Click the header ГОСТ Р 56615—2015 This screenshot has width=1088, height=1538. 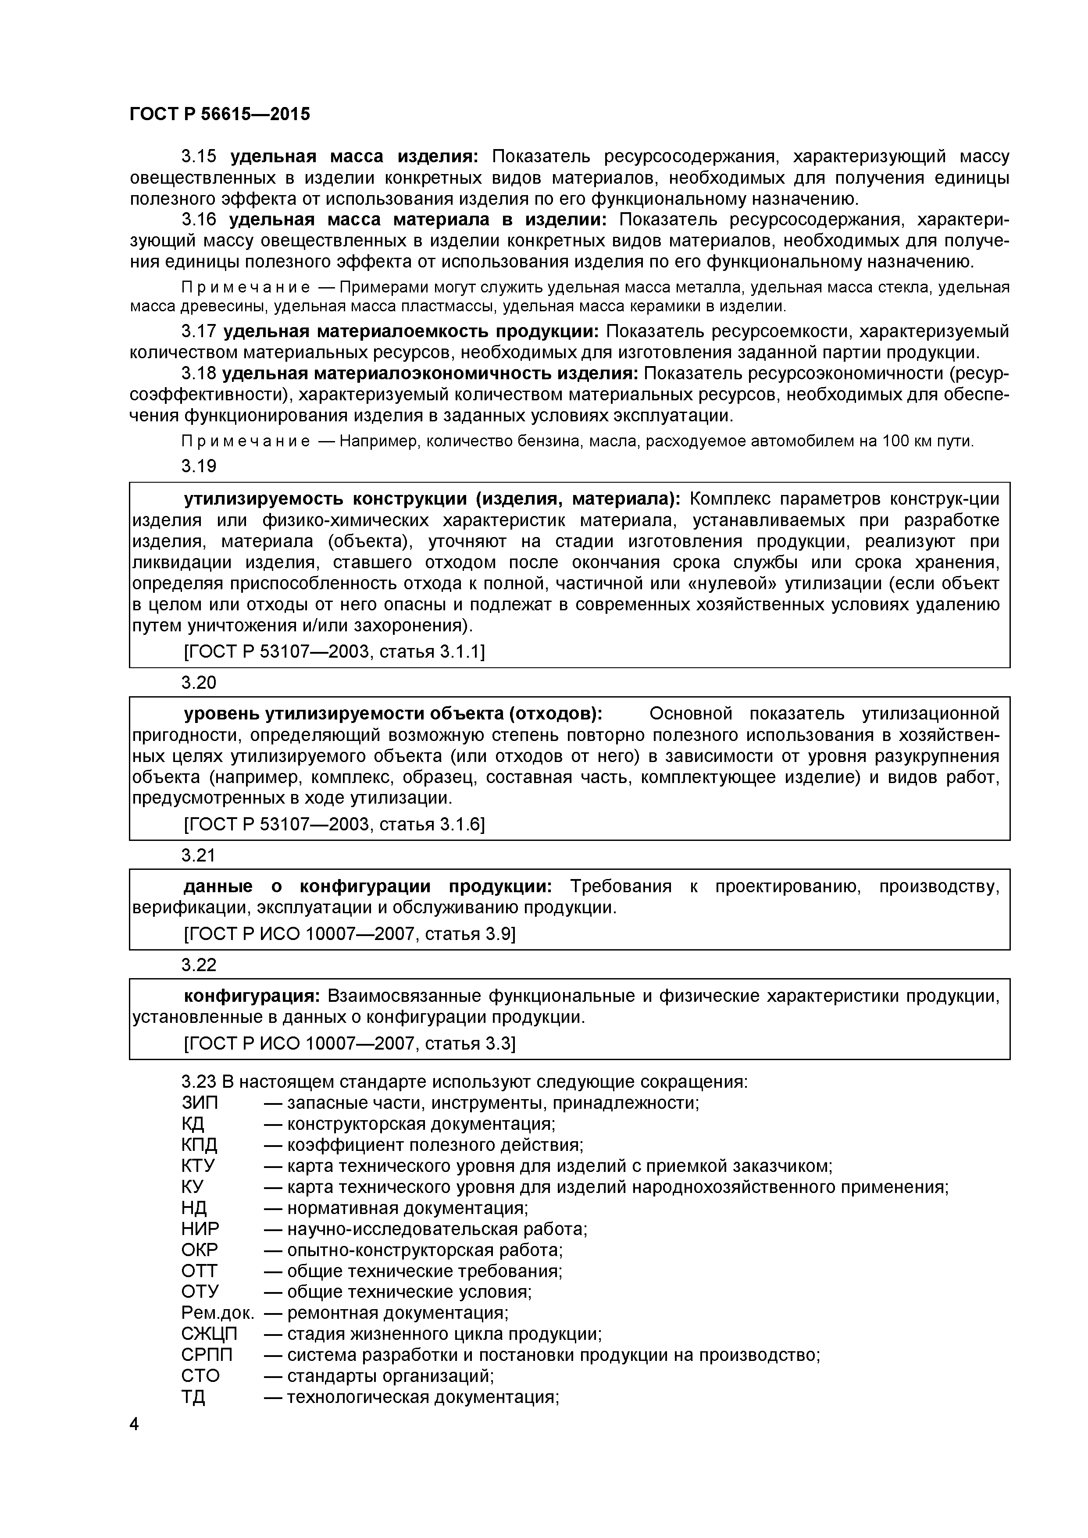click(x=220, y=114)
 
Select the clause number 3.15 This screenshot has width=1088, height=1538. click(x=199, y=157)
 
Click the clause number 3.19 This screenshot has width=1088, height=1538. click(x=199, y=466)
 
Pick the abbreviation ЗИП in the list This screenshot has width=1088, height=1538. click(x=200, y=1103)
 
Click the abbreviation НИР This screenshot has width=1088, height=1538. click(x=200, y=1229)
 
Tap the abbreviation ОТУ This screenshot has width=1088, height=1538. click(x=200, y=1292)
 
